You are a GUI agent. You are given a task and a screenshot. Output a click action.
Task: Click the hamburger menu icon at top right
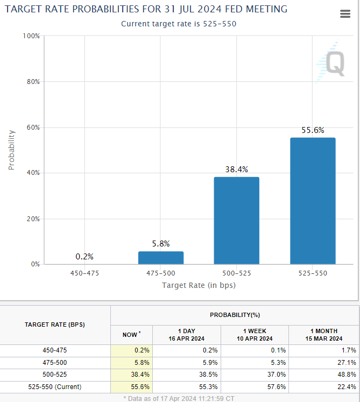(345, 15)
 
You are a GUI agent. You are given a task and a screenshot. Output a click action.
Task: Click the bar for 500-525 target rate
(236, 221)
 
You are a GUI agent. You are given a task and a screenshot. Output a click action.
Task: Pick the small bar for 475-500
(161, 258)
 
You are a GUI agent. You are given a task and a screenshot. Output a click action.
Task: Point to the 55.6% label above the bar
(313, 131)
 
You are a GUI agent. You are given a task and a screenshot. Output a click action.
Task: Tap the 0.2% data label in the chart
(84, 257)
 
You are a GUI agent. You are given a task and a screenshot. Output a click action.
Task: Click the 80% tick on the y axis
(33, 82)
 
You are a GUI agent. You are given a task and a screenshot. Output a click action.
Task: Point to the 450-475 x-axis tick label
(84, 273)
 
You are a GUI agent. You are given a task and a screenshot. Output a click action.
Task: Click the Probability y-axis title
(11, 150)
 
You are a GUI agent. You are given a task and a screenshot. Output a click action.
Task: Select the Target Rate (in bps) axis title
(199, 285)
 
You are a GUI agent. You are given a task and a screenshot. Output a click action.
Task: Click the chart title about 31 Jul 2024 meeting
(146, 9)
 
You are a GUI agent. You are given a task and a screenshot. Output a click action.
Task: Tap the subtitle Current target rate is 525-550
(179, 24)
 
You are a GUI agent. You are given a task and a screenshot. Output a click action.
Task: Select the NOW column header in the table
(131, 335)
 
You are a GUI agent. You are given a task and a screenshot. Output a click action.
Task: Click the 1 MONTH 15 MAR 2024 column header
(324, 335)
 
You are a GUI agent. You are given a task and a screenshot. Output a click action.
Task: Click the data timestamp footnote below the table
(180, 398)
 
